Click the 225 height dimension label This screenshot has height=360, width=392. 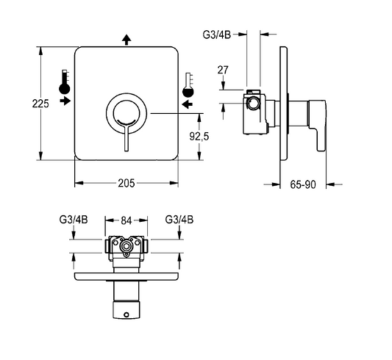point(40,104)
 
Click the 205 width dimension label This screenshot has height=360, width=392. point(126,183)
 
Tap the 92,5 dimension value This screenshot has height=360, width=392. point(199,137)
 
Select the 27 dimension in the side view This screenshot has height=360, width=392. point(223,70)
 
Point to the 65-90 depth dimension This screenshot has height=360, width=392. point(303,184)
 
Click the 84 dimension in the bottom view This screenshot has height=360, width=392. point(126,220)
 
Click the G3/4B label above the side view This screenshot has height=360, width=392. point(217,35)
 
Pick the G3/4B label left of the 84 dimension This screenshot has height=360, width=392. point(74,220)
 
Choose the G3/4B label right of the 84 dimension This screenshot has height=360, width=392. point(179,220)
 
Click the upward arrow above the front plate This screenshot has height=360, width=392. point(126,40)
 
